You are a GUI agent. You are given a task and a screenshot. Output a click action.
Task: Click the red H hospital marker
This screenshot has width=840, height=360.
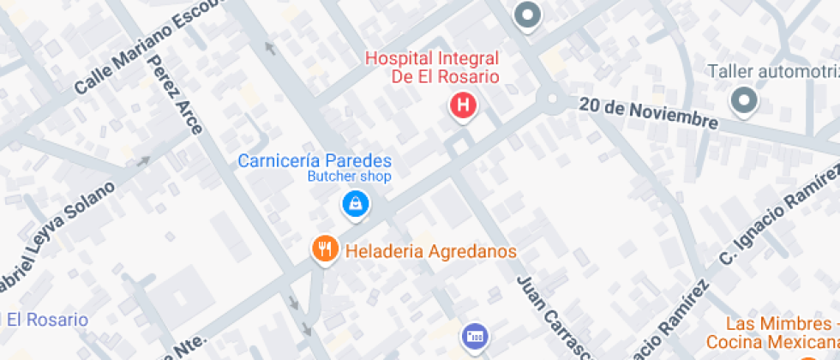tap(463, 106)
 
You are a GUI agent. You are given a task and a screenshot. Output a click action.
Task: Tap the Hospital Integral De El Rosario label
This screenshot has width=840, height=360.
tap(432, 67)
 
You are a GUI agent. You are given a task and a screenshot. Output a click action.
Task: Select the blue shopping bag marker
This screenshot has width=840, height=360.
tap(353, 204)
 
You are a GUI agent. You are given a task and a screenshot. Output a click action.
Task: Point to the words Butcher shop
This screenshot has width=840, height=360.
tap(350, 177)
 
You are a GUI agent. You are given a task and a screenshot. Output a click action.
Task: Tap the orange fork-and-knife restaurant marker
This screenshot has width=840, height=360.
tap(324, 249)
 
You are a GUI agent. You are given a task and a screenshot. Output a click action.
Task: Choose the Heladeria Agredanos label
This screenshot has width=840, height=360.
tap(430, 251)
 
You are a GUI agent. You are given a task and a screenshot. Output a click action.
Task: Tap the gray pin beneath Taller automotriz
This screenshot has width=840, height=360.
tap(743, 101)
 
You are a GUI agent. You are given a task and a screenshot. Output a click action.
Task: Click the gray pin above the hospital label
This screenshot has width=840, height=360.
tap(527, 15)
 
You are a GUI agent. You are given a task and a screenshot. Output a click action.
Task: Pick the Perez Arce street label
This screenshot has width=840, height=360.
tap(176, 94)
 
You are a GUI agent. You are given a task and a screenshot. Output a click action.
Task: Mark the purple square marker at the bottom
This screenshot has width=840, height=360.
tap(473, 336)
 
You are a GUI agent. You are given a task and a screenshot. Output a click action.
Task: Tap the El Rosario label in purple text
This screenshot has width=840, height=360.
tap(47, 320)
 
